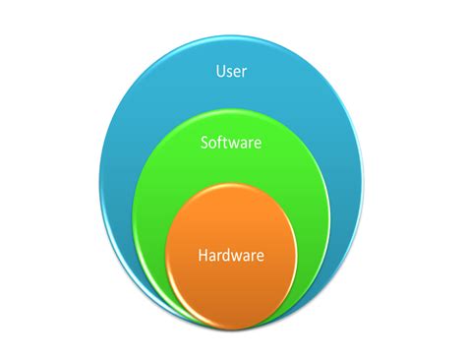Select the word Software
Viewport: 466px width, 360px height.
point(230,143)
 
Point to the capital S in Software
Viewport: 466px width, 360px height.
point(204,143)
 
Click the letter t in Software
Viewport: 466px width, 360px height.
point(226,143)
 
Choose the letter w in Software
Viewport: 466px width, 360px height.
point(236,144)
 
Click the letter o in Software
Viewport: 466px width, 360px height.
point(213,144)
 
